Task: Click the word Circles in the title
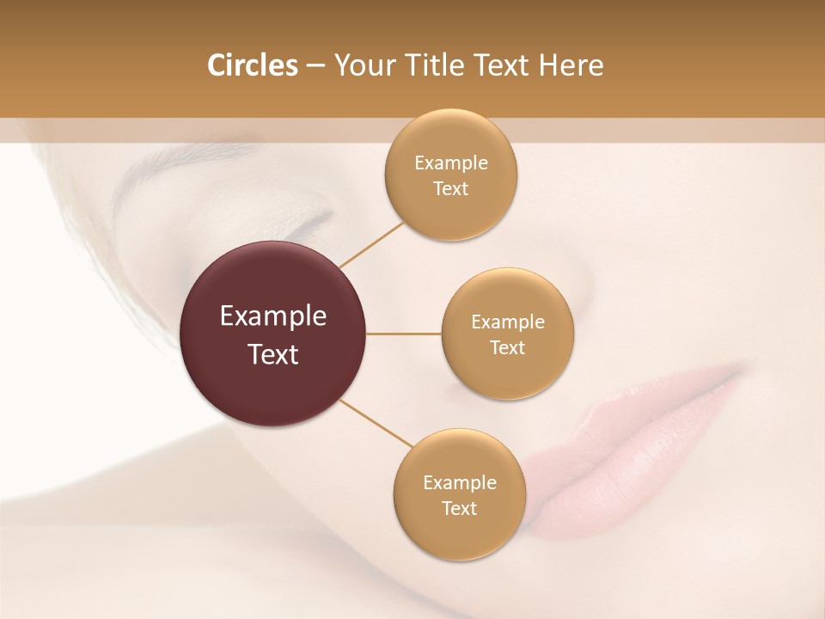[252, 65]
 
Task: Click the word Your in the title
[360, 65]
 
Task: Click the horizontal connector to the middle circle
[404, 334]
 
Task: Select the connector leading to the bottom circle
[376, 423]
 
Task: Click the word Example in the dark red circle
[273, 316]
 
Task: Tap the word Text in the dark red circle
[273, 354]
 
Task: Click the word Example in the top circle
[451, 163]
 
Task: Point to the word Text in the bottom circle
[459, 508]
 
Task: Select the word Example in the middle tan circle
[508, 322]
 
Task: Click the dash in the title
[315, 66]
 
